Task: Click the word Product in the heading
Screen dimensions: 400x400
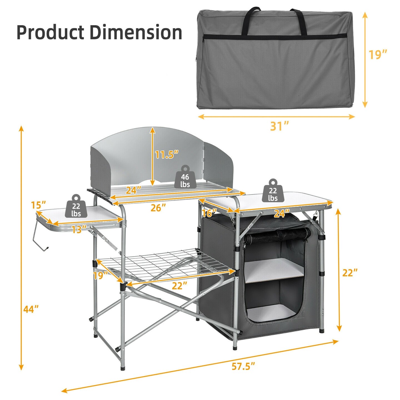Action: [50, 32]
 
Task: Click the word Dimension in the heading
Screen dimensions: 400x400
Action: [136, 32]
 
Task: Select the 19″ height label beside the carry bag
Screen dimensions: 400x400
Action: [377, 54]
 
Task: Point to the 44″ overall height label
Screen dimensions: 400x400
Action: [31, 309]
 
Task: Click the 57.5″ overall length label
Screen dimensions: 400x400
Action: [243, 366]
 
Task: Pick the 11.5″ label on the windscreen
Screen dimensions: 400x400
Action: [166, 154]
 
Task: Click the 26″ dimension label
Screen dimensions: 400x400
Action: [158, 207]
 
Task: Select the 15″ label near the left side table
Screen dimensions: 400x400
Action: [38, 205]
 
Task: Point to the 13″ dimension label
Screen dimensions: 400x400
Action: [79, 229]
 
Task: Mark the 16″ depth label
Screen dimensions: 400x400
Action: [209, 213]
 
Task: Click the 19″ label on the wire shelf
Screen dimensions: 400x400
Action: [100, 275]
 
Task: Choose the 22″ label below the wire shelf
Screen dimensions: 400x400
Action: [179, 286]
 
